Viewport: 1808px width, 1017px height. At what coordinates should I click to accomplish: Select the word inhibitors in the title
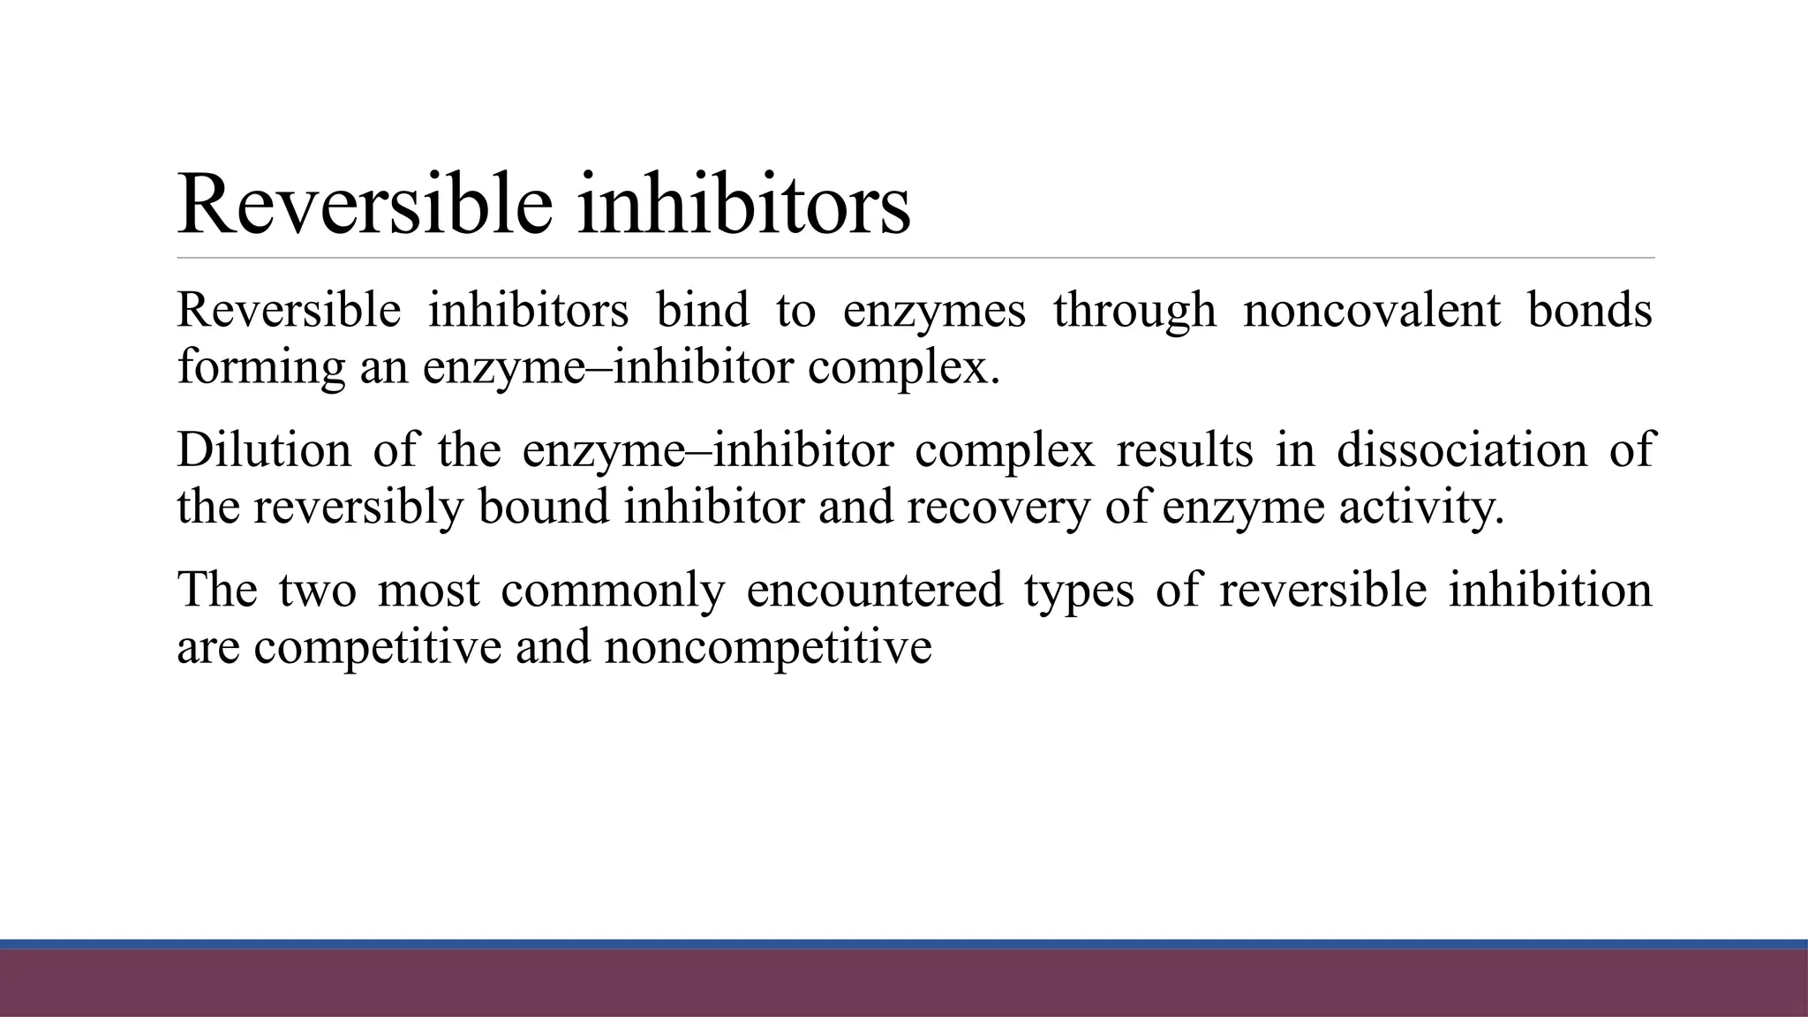pos(743,205)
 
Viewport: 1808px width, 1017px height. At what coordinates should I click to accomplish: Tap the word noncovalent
pos(1372,310)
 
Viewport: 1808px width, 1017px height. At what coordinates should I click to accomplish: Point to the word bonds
pos(1589,310)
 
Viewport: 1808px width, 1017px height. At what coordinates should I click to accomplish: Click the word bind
pos(702,310)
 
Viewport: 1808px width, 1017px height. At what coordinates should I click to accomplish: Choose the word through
pos(1134,312)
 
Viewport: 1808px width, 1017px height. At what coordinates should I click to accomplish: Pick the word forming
pos(261,366)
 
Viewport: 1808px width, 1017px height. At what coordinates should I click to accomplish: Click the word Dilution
pos(264,449)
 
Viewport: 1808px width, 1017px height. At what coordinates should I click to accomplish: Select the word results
pos(1184,449)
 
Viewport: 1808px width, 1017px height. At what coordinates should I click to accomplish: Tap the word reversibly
pos(358,508)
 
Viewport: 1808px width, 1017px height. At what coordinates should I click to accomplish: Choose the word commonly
pos(613,591)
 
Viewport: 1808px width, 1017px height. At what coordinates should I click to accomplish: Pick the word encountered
pos(874,591)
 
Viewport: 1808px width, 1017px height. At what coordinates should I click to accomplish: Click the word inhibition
pos(1549,591)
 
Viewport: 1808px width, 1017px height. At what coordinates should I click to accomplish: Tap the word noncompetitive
pos(768,647)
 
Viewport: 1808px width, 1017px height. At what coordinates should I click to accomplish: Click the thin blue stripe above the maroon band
pos(904,944)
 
